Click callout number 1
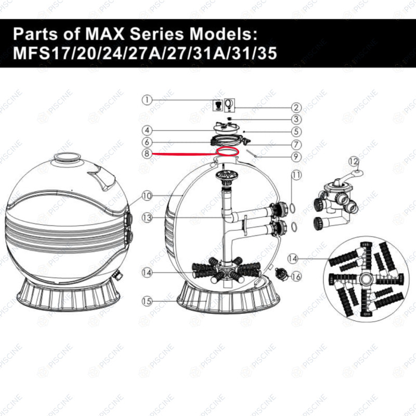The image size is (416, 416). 147,100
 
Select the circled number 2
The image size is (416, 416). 296,108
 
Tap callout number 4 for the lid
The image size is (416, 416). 147,131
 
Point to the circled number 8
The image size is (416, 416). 147,153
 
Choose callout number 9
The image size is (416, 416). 296,157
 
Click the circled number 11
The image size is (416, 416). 296,175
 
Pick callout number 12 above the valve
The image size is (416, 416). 354,161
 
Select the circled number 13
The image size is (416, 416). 147,218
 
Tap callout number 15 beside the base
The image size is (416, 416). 147,301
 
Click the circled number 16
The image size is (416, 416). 296,277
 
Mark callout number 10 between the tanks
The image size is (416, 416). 147,196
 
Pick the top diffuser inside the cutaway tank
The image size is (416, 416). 226,176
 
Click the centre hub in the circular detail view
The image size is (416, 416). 366,279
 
